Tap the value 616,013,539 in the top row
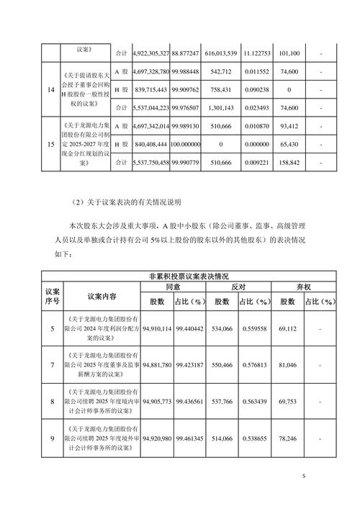pyautogui.click(x=235, y=53)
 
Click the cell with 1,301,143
pyautogui.click(x=235, y=107)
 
